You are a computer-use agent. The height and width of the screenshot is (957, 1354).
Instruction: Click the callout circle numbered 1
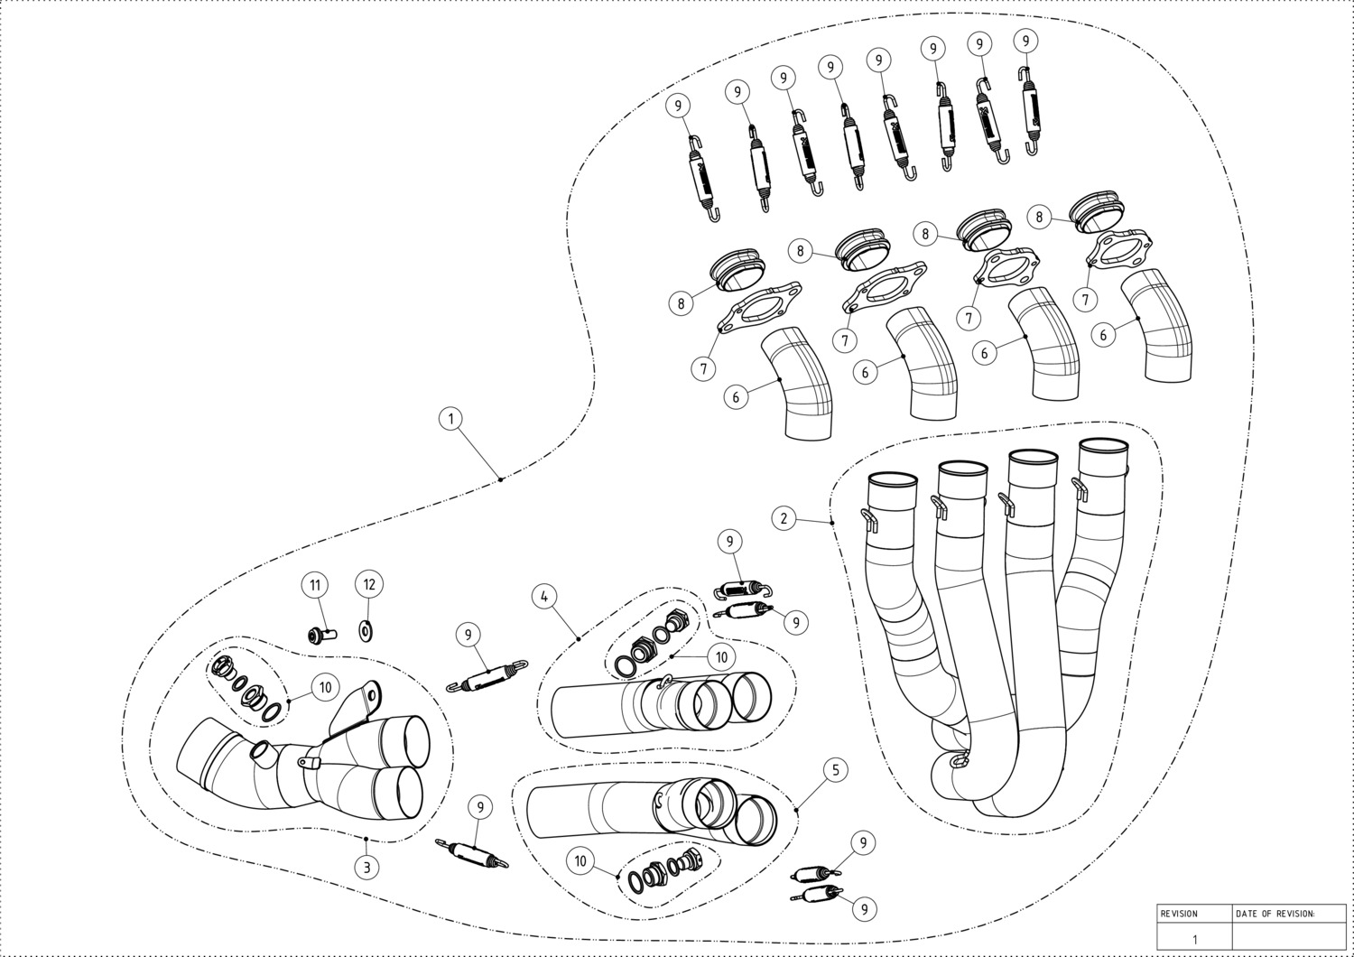(450, 418)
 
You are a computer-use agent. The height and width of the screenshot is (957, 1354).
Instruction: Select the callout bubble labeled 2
(784, 518)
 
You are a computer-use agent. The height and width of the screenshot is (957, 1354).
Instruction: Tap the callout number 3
(366, 868)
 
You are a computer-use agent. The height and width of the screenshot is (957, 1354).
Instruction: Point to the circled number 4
(544, 597)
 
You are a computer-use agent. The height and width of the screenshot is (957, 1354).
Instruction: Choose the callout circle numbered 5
(836, 769)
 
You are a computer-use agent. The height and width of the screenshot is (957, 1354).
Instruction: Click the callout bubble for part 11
(315, 585)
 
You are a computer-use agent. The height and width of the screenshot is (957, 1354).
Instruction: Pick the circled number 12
(369, 584)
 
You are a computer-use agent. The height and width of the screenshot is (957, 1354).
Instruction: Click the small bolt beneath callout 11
(321, 635)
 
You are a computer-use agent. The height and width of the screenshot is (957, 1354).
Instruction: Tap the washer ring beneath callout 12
(366, 631)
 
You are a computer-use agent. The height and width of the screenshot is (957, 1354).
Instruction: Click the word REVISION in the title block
(1179, 914)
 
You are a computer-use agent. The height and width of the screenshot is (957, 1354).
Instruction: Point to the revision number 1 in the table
(1194, 940)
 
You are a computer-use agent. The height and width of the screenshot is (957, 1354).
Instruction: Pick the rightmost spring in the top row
(1031, 110)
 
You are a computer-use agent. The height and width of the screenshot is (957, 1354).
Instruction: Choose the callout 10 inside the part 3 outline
(325, 687)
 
